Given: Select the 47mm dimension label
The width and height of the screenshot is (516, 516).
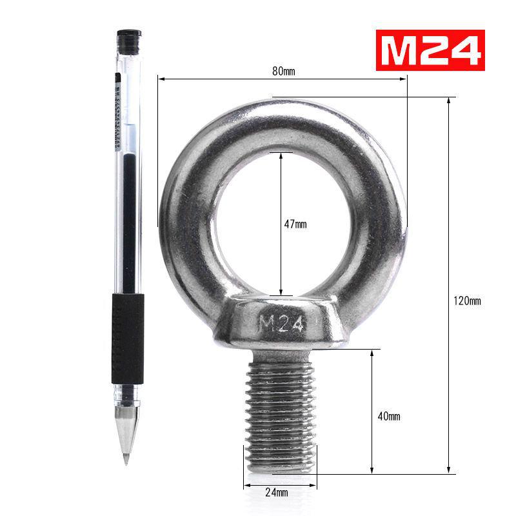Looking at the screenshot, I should tap(295, 224).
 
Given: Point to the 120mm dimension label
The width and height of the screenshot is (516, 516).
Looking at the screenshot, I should tap(468, 301).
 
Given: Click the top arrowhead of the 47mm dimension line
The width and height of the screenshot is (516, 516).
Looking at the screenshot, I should tap(281, 155).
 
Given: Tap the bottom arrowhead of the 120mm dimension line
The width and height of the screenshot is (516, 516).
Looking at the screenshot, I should tap(448, 469).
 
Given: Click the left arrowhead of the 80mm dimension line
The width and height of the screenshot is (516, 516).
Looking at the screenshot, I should tap(162, 79).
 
